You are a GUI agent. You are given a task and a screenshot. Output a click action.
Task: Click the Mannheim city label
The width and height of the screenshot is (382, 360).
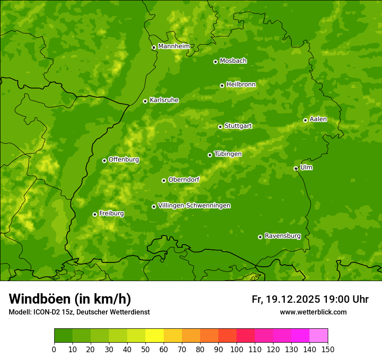tap(174, 46)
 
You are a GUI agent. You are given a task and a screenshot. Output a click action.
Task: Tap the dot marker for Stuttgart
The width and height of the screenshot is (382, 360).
tap(220, 127)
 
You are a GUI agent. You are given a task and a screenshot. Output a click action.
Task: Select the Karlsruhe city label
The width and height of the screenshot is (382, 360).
tap(164, 100)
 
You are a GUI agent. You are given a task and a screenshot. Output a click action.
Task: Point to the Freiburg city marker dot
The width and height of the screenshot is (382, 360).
tap(95, 214)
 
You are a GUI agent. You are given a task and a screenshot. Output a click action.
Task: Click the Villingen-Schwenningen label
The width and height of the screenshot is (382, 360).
tap(194, 206)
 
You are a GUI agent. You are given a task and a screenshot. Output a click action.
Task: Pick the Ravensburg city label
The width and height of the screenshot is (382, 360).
tap(282, 236)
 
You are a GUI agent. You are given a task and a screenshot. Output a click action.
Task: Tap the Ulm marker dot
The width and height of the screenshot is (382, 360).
tap(296, 168)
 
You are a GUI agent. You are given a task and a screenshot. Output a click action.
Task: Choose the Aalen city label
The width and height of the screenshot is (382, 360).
tap(318, 119)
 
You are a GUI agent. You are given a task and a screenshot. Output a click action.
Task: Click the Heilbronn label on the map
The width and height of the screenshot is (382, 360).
tap(241, 85)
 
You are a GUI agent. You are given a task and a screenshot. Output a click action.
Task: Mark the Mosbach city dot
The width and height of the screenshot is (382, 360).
tap(215, 62)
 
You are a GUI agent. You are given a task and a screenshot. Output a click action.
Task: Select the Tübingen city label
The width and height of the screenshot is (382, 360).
tap(228, 154)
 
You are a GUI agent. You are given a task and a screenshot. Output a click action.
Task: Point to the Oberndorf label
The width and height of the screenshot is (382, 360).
tap(184, 180)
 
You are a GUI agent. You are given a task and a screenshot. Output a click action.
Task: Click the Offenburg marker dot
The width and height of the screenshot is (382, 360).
tap(104, 160)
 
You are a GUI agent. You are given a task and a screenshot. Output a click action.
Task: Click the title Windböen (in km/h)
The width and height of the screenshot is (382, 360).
tap(70, 299)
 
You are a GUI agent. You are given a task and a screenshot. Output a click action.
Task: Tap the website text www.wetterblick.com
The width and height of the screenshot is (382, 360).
tap(313, 312)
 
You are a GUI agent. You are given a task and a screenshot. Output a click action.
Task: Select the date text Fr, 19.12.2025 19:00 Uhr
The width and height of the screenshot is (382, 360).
tap(310, 299)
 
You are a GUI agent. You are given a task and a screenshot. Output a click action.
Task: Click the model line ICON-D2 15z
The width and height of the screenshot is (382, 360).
tap(79, 312)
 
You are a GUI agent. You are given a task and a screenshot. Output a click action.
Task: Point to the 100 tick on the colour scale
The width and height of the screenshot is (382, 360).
tap(237, 349)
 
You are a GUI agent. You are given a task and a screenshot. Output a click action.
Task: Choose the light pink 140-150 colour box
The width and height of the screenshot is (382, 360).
tap(319, 336)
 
